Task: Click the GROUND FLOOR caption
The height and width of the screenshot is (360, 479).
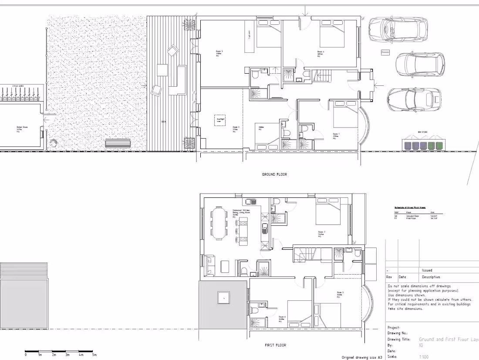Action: [274, 174]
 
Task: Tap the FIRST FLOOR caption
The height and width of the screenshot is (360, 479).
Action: [276, 345]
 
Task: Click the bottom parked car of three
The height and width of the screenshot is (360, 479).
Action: [414, 99]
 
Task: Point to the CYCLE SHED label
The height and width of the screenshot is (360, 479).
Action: [18, 86]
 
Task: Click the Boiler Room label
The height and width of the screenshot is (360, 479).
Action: [19, 129]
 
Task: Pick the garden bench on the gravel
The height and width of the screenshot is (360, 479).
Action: [118, 143]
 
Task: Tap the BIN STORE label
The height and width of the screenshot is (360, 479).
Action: [422, 132]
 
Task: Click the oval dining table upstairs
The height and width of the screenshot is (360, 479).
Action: [219, 223]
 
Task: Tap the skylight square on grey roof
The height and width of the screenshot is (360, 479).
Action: [223, 299]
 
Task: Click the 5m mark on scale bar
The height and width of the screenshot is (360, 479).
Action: [94, 355]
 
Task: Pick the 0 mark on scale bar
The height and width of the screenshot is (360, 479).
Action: [25, 355]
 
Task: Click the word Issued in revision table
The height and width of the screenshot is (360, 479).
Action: [427, 270]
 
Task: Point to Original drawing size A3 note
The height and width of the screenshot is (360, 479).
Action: [361, 357]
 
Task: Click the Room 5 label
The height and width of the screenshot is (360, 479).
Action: [340, 293]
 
